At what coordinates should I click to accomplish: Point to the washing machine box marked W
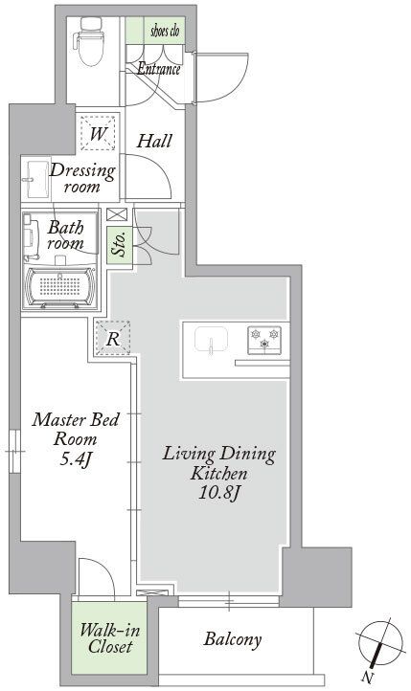(98, 134)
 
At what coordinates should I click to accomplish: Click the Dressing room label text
(82, 179)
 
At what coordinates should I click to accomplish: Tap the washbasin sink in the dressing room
(37, 178)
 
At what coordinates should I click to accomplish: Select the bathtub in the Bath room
(61, 286)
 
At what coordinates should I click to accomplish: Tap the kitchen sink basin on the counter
(210, 340)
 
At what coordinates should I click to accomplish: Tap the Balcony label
(233, 639)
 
